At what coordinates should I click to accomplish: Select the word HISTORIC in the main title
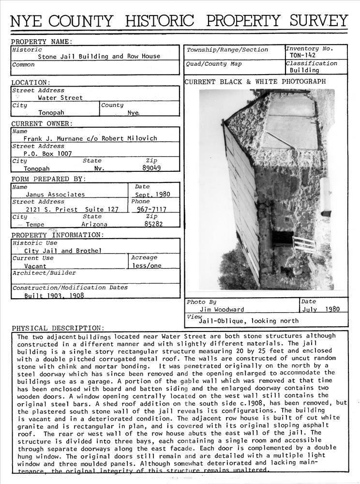coord(159,21)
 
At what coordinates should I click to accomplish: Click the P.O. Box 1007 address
coord(47,153)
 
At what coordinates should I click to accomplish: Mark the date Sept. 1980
coord(153,195)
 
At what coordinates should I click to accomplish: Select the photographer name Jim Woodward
coord(222,309)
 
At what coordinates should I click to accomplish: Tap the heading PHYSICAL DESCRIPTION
coord(58,328)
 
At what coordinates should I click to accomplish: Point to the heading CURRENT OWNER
coord(42,124)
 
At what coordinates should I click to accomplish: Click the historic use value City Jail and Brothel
coord(63,251)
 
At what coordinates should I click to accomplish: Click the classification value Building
coord(304,70)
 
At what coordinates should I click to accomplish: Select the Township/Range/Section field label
coord(227,50)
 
